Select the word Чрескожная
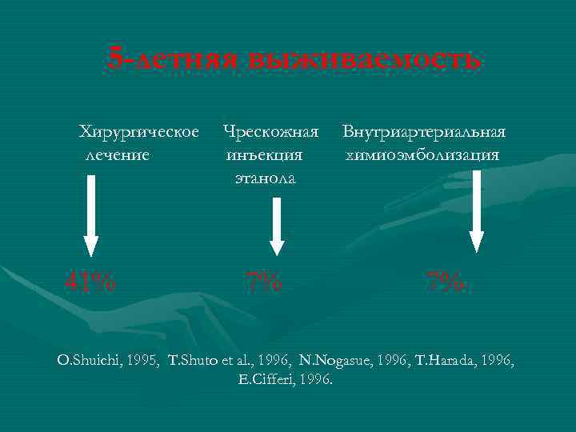pos(271,130)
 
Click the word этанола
pos(265,178)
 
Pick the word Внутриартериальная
pos(424,130)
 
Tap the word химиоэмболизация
pos(423,154)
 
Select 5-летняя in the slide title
pos(174,58)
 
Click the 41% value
pos(90,281)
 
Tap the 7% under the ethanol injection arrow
pos(263,281)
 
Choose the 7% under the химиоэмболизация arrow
pos(445,281)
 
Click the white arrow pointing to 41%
pos(91,216)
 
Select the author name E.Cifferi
pos(270,379)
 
